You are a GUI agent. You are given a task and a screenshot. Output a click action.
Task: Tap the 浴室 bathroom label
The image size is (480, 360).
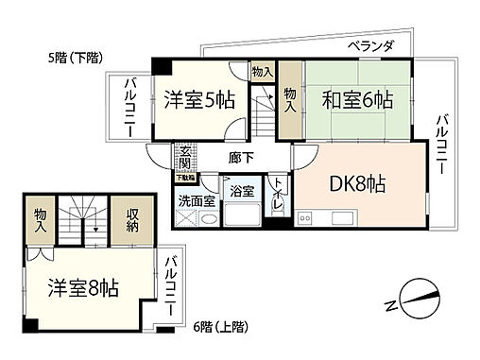pyautogui.click(x=242, y=191)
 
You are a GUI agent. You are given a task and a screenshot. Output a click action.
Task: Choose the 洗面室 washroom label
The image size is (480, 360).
pyautogui.click(x=196, y=200)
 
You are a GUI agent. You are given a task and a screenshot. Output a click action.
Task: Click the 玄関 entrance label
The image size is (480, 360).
pyautogui.click(x=185, y=156)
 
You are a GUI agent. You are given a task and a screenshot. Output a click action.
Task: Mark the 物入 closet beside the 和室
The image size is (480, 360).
pyautogui.click(x=290, y=100)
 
